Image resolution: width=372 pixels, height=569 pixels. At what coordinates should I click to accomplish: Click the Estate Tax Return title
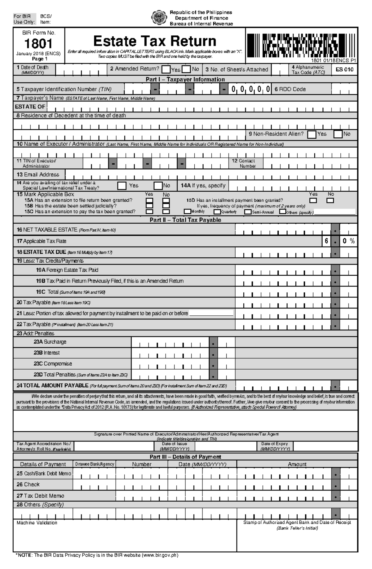pyautogui.click(x=155, y=41)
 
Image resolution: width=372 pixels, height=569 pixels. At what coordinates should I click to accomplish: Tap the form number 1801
pyautogui.click(x=38, y=44)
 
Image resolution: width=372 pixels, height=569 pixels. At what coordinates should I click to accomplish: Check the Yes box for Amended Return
pyautogui.click(x=166, y=69)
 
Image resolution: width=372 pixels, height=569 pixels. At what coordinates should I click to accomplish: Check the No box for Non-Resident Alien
pyautogui.click(x=338, y=134)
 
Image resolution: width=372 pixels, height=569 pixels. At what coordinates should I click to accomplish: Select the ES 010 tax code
pyautogui.click(x=344, y=69)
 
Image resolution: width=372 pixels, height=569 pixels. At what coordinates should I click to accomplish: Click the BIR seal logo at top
pyautogui.click(x=158, y=18)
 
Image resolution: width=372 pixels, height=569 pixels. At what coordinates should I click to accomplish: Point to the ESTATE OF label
pyautogui.click(x=30, y=107)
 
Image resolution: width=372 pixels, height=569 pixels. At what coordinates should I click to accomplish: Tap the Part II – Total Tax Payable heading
pyautogui.click(x=185, y=220)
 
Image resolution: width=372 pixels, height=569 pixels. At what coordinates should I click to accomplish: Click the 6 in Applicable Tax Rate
pyautogui.click(x=326, y=241)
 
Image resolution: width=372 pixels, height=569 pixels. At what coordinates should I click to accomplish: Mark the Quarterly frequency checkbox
pyautogui.click(x=217, y=212)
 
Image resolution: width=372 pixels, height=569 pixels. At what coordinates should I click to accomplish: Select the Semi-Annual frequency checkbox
pyautogui.click(x=248, y=212)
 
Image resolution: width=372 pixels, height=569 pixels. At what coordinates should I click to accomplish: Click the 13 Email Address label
pyautogui.click(x=38, y=175)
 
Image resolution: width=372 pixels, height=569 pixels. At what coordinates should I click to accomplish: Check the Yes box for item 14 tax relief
pyautogui.click(x=122, y=186)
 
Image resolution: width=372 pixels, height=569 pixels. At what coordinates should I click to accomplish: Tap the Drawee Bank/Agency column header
pyautogui.click(x=95, y=464)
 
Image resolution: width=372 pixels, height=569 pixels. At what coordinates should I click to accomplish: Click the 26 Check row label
pyautogui.click(x=28, y=484)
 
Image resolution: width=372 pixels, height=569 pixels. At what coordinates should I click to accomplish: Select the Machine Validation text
pyautogui.click(x=37, y=523)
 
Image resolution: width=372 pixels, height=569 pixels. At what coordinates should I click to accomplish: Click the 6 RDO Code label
pyautogui.click(x=290, y=89)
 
